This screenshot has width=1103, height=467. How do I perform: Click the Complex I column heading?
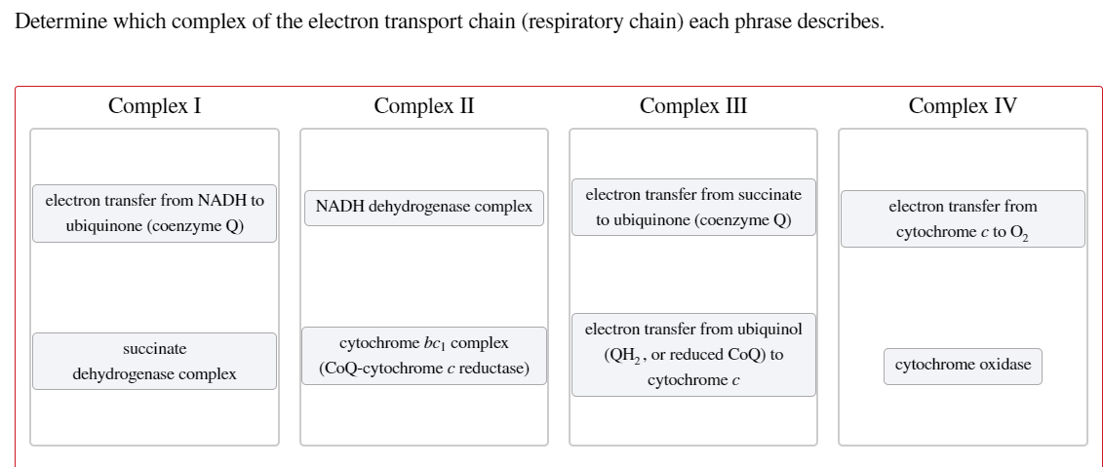pos(155,106)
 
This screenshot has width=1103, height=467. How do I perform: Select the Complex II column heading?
pos(423,106)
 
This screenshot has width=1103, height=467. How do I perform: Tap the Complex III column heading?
pos(693,106)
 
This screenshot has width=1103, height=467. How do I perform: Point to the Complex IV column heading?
pos(962,106)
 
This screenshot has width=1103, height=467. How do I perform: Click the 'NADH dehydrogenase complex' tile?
pos(423,207)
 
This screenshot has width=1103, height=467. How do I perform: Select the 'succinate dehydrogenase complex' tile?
pos(154,361)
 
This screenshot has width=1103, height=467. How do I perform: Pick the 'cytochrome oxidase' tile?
pos(962,365)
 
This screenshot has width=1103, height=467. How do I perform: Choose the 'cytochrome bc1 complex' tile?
pos(423,356)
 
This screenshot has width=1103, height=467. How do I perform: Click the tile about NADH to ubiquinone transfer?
pos(154,213)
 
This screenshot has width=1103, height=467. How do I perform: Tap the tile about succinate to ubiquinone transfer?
pos(693,207)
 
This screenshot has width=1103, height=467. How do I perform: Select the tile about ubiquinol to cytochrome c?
pos(693,355)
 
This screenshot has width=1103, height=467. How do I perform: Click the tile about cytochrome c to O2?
pos(962,219)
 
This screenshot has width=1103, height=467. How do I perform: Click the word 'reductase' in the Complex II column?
pos(492,369)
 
